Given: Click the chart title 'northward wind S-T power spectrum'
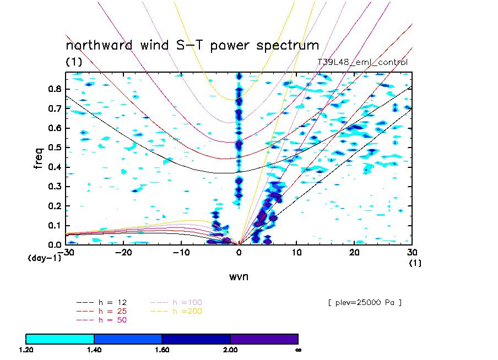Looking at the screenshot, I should point(192,45).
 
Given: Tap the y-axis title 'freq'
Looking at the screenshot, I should point(39,157).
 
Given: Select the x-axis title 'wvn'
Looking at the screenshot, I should point(239,276).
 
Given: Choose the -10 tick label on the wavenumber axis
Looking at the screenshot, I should point(181,253).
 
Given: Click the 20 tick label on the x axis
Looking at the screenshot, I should point(354,253).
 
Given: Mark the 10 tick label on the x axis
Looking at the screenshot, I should point(296,253).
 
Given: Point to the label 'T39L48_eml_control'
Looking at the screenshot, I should point(362,62).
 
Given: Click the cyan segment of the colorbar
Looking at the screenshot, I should point(60,339).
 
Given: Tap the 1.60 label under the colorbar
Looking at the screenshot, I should point(162,350).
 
